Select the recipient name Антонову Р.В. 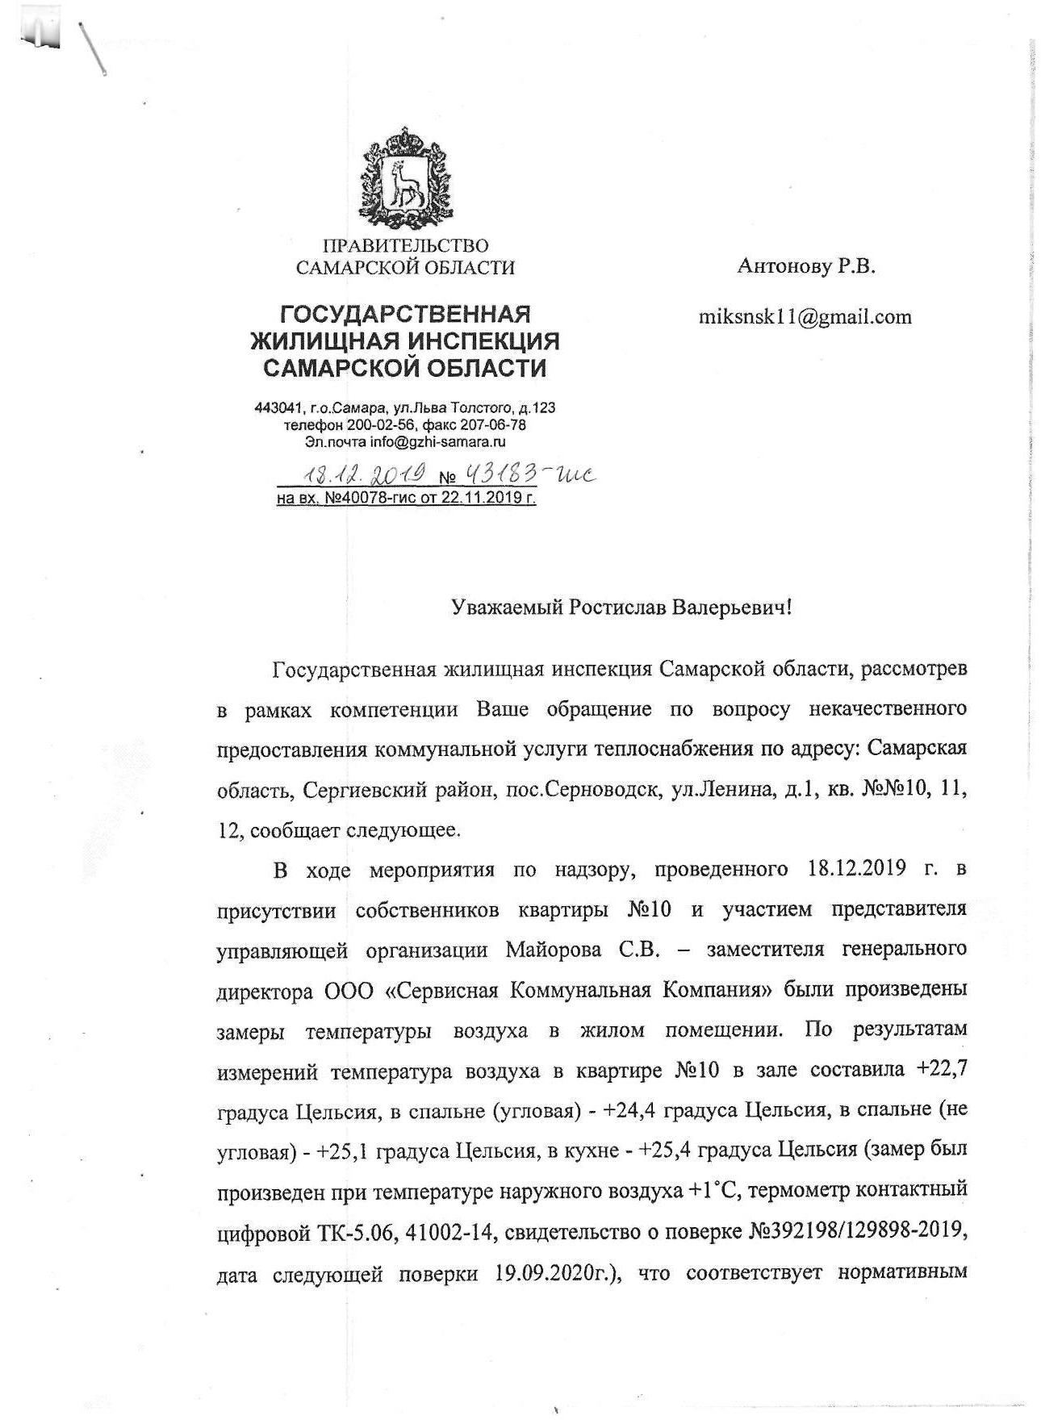(805, 267)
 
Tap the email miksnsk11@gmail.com (805, 317)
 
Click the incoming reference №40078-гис (373, 498)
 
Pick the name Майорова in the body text (553, 950)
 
